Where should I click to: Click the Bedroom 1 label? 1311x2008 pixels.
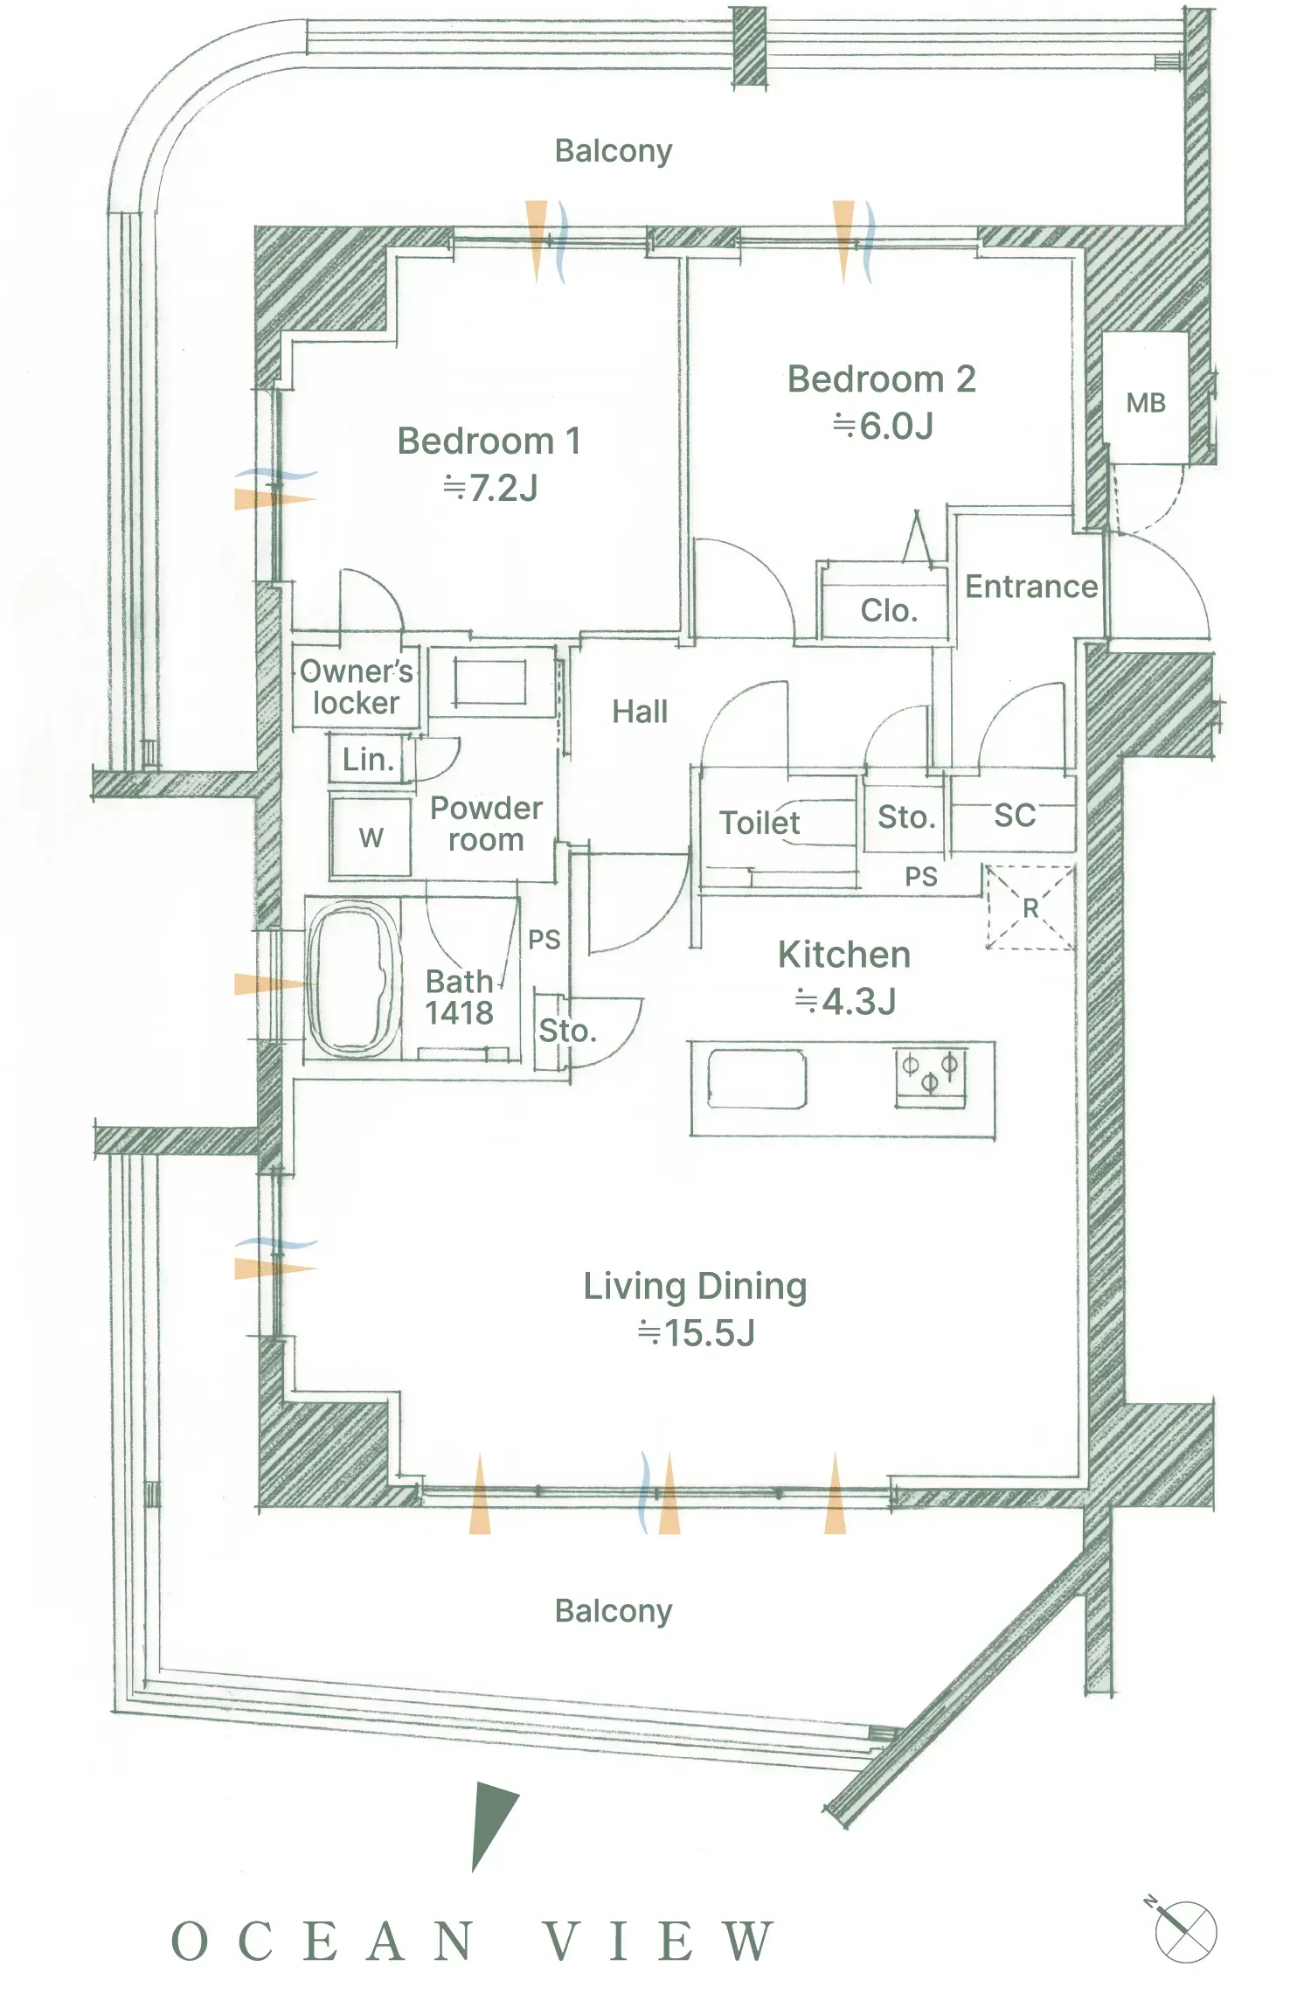coord(489,441)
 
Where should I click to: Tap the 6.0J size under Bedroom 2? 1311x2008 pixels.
coord(884,426)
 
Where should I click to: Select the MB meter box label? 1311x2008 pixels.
coord(1146,403)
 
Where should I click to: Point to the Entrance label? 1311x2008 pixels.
coord(1031,587)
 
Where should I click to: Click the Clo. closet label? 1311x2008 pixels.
coord(889,610)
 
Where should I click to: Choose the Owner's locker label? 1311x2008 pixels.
coord(357,687)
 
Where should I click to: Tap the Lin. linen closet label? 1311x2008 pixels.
coord(368,760)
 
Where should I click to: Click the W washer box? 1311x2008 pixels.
coord(371,837)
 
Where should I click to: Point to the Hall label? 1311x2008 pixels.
coord(640,712)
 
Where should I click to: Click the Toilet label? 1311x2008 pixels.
coord(760,823)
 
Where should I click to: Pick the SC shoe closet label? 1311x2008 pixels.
coord(1015,816)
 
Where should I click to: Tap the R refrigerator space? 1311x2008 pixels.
coord(1030,907)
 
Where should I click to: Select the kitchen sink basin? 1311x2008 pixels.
coord(757,1080)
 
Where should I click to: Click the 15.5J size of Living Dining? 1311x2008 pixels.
coord(697,1332)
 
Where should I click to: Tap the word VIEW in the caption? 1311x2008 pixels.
coord(658,1942)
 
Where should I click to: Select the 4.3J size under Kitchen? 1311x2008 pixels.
coord(845,1002)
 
